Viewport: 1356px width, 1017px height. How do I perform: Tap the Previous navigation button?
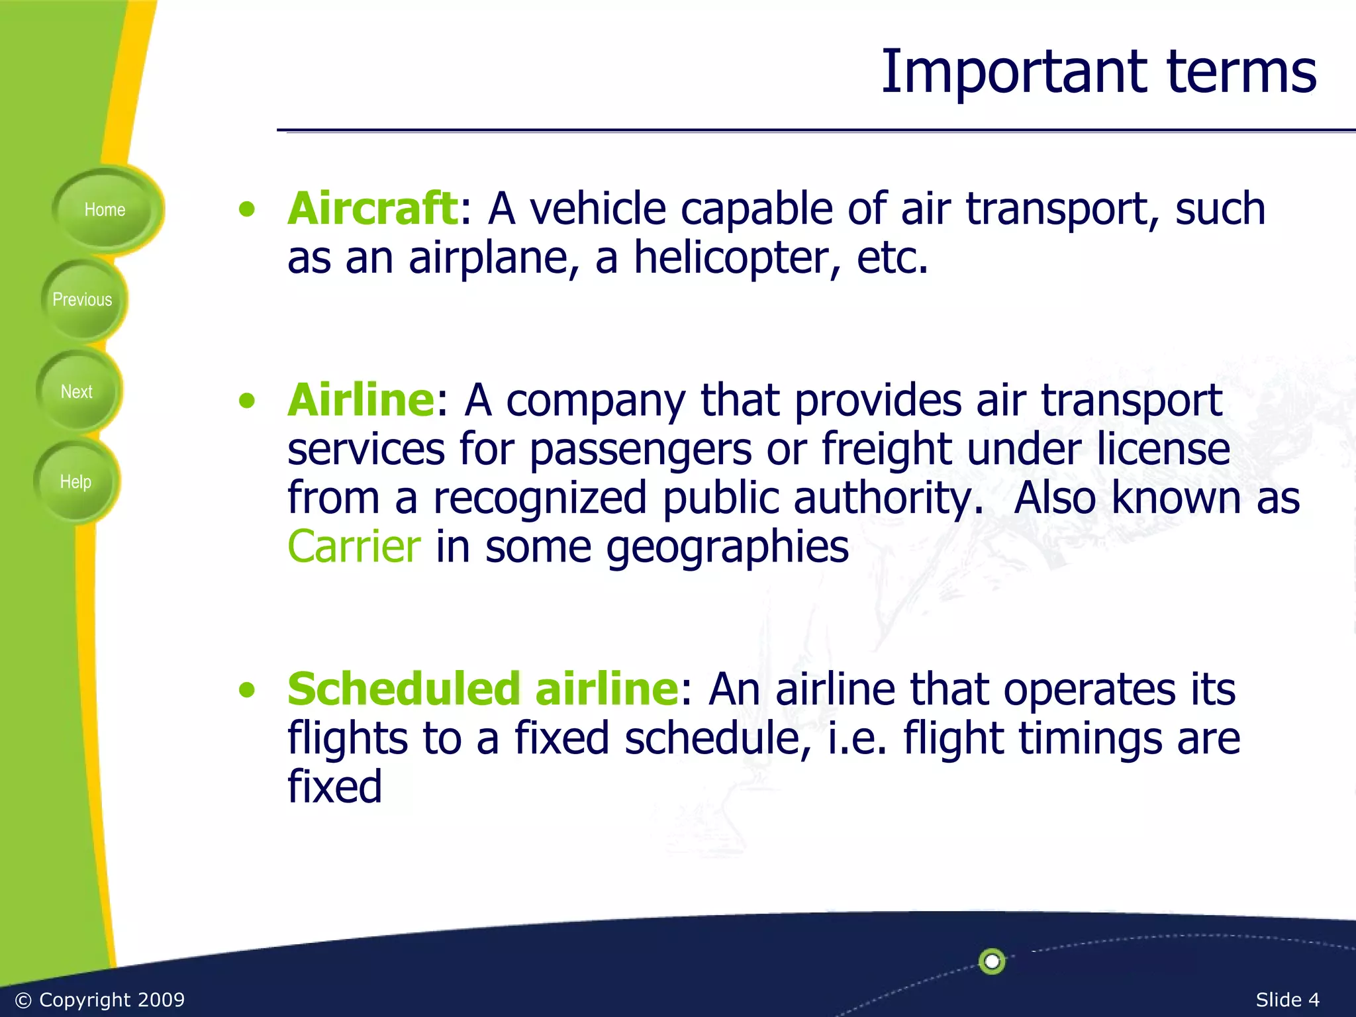point(82,300)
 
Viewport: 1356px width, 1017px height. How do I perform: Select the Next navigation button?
point(77,392)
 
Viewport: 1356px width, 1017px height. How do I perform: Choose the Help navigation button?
point(75,482)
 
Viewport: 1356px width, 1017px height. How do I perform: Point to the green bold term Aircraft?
point(372,209)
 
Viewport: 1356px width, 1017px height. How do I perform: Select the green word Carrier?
point(354,547)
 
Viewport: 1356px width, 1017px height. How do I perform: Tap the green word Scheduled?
point(404,689)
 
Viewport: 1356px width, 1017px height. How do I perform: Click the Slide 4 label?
point(1287,1000)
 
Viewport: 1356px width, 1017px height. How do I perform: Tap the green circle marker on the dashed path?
point(992,961)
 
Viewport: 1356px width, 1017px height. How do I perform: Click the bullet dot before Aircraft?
point(247,210)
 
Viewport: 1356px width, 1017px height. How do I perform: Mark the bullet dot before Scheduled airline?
point(247,691)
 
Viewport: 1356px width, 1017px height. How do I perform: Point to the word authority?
point(887,499)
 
